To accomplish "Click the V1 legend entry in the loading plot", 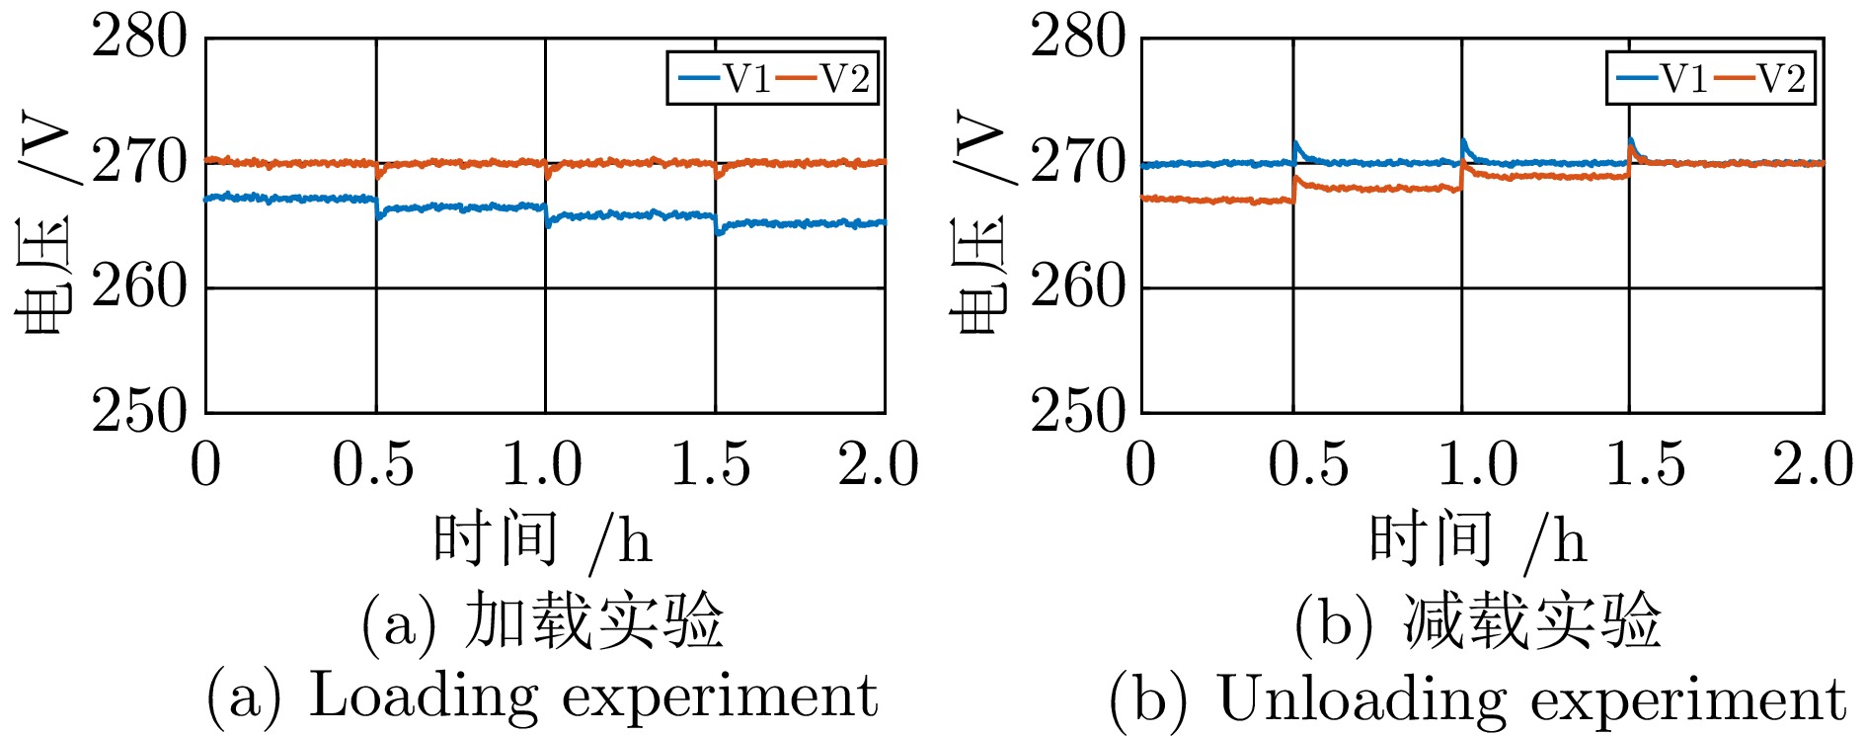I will click(x=726, y=78).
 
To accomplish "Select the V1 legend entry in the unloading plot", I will click(x=1664, y=78).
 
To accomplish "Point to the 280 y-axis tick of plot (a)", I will click(x=138, y=39).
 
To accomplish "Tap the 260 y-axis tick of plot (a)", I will click(x=138, y=287).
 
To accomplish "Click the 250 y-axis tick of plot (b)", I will click(x=1077, y=412).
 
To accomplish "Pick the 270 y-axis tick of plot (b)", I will click(x=1077, y=163).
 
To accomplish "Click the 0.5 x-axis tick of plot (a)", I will click(x=373, y=463).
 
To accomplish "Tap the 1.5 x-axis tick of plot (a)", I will click(x=711, y=463).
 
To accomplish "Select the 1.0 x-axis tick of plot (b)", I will click(x=1477, y=463).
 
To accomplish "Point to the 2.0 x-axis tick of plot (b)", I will click(x=1813, y=463).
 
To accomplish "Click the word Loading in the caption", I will click(x=425, y=695).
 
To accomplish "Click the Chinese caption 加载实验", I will click(x=594, y=620).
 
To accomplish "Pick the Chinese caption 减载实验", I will click(x=1532, y=620).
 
